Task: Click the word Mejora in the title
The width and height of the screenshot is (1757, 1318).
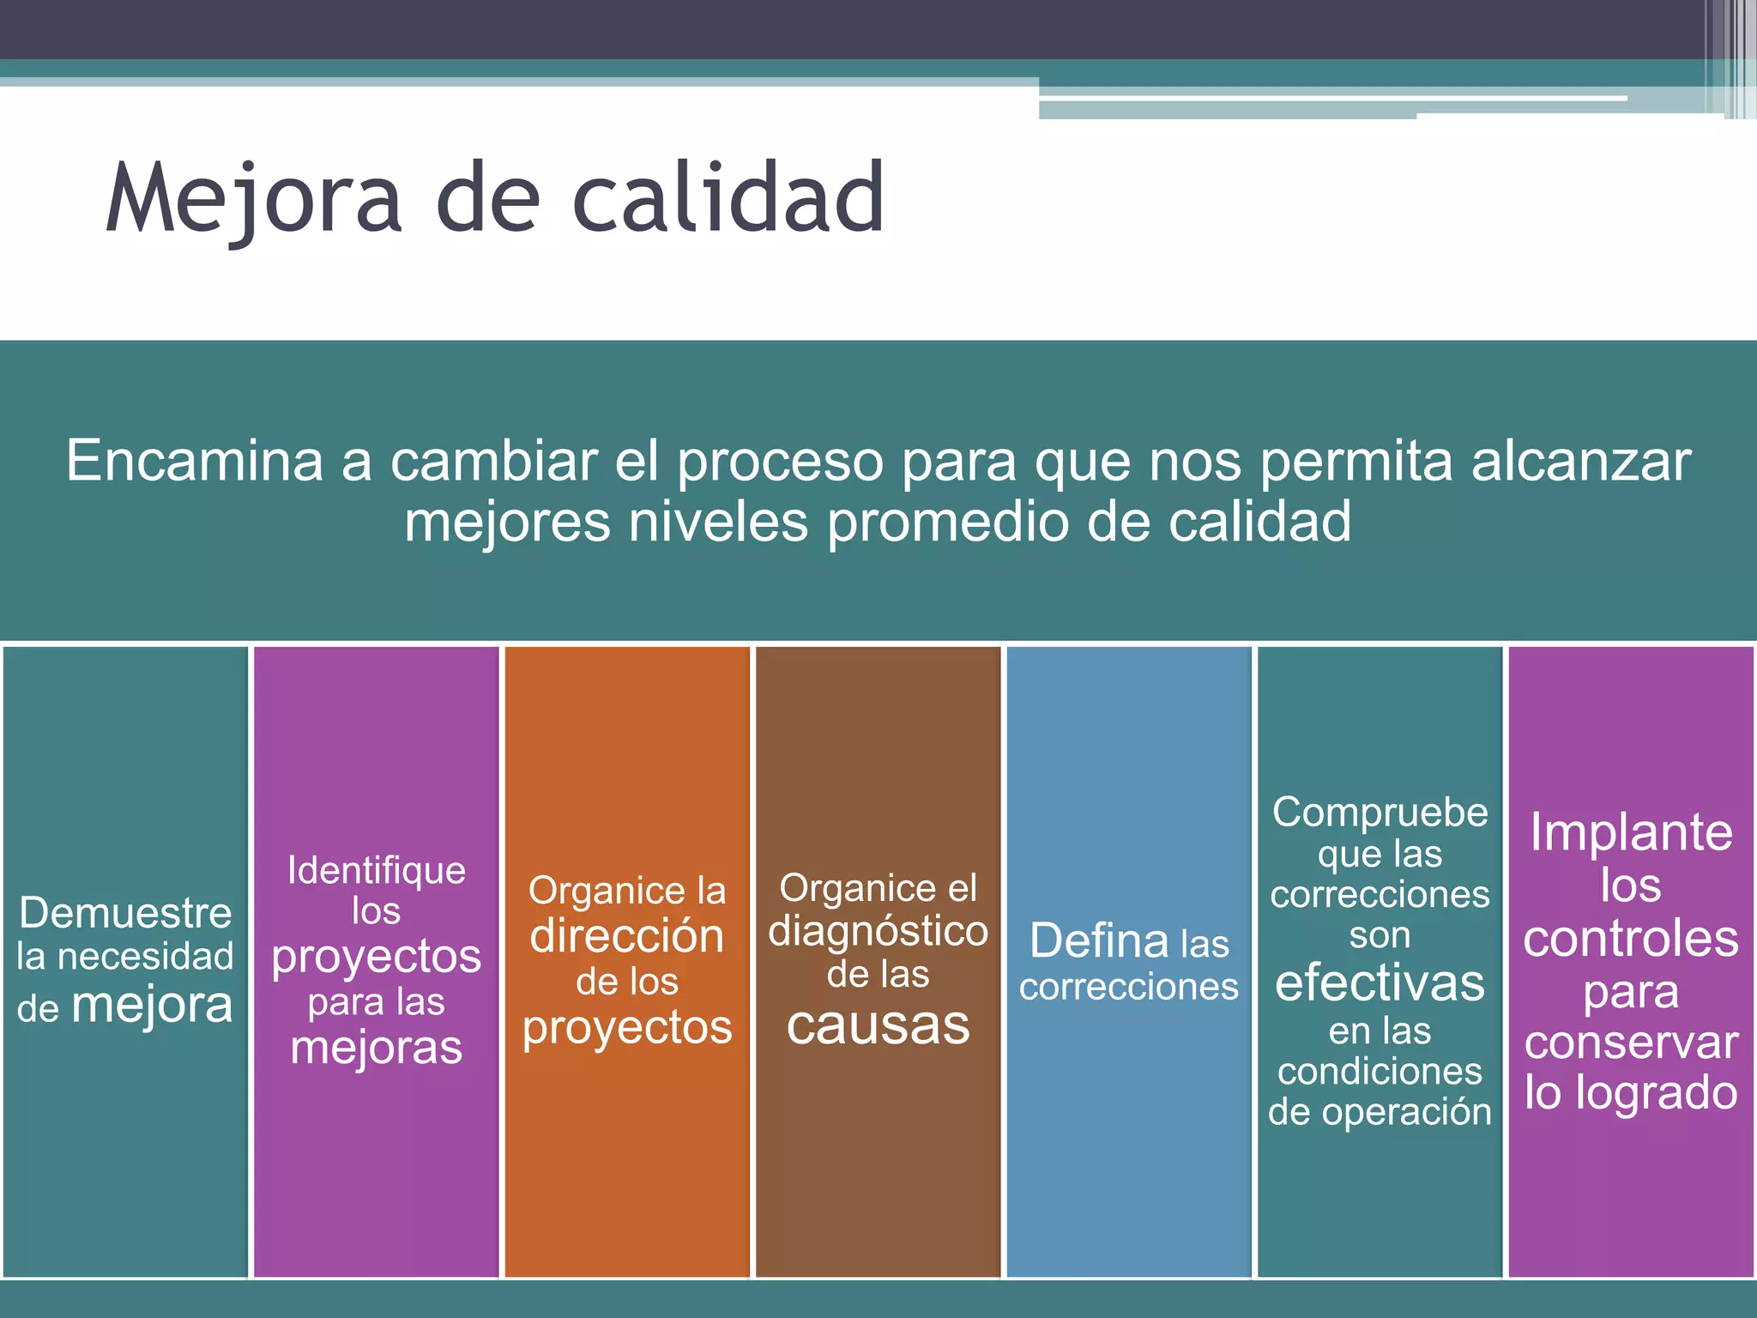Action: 254,199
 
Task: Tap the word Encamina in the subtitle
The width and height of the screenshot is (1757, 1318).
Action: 195,461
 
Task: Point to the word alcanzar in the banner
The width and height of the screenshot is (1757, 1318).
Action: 1581,461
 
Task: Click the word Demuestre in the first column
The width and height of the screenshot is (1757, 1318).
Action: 125,912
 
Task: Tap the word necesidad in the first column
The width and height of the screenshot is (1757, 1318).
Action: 145,956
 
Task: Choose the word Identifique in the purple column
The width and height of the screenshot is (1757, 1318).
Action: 377,871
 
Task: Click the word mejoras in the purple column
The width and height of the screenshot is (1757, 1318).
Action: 377,1048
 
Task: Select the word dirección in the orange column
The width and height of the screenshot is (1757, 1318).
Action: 627,935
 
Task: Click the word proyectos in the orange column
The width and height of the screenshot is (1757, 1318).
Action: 627,1028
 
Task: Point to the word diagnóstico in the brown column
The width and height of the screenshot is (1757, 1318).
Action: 878,932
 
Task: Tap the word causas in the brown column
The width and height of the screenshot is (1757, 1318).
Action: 878,1025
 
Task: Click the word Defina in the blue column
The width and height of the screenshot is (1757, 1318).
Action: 1099,941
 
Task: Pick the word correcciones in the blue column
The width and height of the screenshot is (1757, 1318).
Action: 1129,987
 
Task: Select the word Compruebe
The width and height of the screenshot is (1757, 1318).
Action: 1380,812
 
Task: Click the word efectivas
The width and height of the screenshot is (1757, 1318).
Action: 1380,982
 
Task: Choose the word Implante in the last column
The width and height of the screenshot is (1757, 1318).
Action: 1631,831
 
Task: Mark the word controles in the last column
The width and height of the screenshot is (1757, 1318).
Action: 1631,938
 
